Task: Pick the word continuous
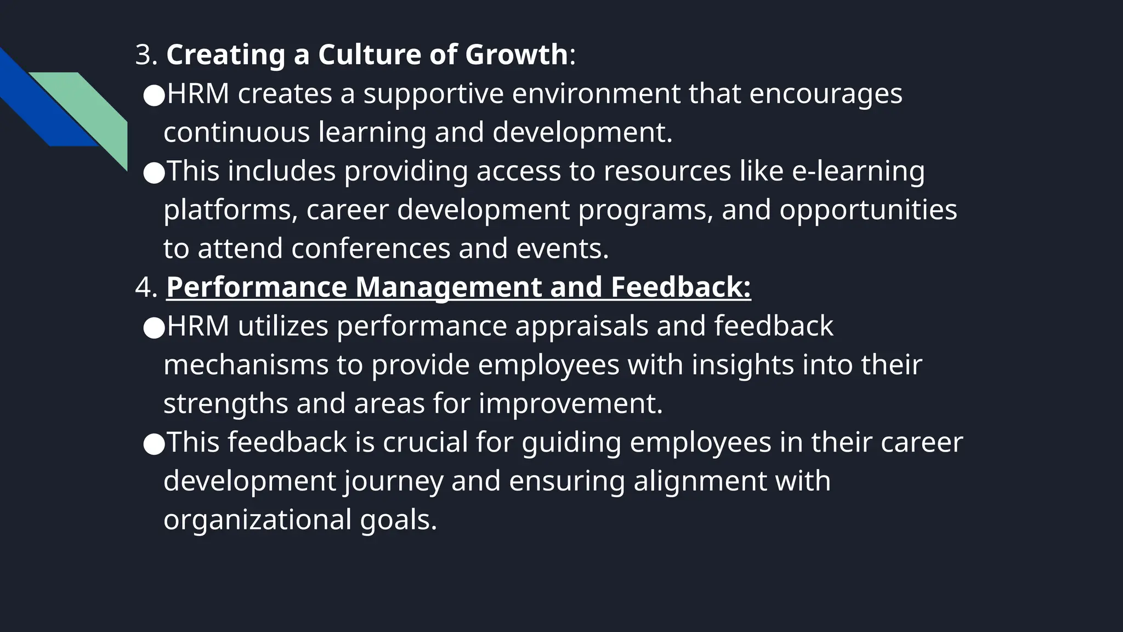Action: pyautogui.click(x=236, y=133)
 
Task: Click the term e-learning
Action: pyautogui.click(x=858, y=171)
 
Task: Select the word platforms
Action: pyautogui.click(x=230, y=210)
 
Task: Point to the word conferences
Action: pyautogui.click(x=370, y=249)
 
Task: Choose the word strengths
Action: pyautogui.click(x=225, y=404)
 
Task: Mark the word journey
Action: pyautogui.click(x=394, y=482)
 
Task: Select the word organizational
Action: pyautogui.click(x=257, y=520)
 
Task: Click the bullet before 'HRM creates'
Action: pyautogui.click(x=154, y=95)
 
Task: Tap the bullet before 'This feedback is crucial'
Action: pyautogui.click(x=154, y=444)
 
